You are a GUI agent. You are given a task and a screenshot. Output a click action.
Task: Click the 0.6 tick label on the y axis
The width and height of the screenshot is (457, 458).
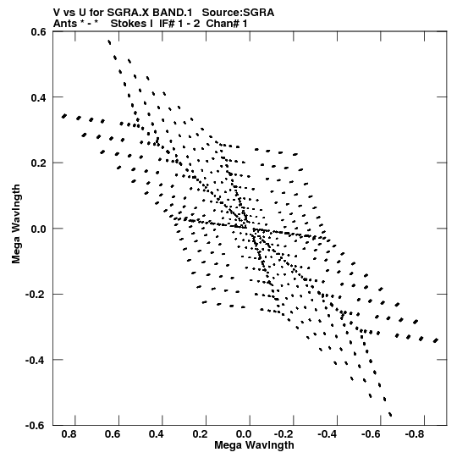click(39, 31)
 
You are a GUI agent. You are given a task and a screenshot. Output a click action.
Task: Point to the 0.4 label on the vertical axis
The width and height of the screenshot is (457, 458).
click(39, 97)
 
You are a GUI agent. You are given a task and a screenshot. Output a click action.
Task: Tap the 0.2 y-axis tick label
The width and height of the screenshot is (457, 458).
click(39, 163)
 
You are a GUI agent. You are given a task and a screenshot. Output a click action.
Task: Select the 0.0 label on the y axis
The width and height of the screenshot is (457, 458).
click(39, 229)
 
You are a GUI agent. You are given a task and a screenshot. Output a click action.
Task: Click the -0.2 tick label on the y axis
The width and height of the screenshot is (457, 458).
click(36, 295)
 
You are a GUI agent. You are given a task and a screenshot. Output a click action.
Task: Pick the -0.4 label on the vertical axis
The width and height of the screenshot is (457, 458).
click(36, 360)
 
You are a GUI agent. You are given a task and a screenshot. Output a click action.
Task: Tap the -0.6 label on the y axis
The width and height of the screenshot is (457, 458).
click(36, 426)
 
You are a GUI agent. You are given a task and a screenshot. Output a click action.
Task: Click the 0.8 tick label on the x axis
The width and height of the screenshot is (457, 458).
click(69, 434)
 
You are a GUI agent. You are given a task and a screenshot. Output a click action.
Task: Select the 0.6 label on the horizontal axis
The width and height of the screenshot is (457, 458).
click(113, 434)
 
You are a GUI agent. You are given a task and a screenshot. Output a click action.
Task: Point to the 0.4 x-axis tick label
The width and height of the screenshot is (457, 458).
click(157, 434)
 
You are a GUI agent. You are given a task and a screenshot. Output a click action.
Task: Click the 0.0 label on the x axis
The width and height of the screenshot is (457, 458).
click(244, 434)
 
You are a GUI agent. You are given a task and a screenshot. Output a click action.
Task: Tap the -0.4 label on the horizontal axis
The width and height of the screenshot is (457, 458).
click(328, 434)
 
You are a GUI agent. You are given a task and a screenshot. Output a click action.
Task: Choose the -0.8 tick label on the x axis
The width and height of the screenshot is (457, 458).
click(416, 434)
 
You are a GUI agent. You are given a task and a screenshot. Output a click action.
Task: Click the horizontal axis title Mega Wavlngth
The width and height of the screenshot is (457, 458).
click(254, 445)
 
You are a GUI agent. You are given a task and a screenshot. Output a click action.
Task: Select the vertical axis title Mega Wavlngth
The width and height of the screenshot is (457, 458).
click(16, 224)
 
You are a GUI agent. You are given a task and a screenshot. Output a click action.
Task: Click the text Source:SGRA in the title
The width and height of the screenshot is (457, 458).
click(238, 13)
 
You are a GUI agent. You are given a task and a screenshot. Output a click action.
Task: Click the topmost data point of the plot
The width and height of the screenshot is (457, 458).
click(109, 42)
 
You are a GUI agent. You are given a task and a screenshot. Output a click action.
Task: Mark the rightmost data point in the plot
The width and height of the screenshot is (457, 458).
click(436, 340)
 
